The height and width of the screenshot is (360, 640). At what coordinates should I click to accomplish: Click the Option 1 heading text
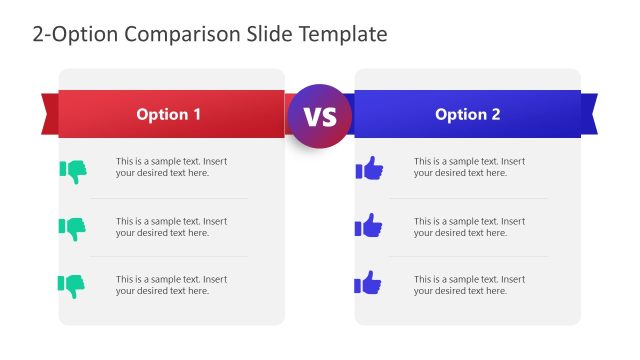tap(169, 115)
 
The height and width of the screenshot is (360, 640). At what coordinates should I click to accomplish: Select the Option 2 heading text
tap(467, 115)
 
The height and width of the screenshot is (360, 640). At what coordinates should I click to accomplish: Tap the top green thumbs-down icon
tap(73, 171)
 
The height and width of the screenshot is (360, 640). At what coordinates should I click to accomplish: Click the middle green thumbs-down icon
tap(73, 228)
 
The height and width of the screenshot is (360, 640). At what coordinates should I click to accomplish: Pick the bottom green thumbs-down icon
tap(73, 285)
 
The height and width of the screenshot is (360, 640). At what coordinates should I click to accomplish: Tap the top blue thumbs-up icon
tap(369, 168)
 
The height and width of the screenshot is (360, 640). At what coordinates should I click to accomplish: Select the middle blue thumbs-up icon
tap(369, 226)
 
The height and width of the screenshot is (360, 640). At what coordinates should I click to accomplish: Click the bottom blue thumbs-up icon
tap(369, 283)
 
